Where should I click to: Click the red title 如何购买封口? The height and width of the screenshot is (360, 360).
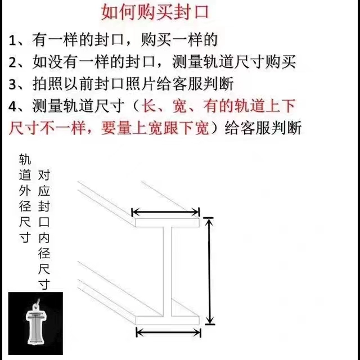point(155,12)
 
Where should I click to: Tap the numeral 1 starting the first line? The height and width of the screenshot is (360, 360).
point(12,40)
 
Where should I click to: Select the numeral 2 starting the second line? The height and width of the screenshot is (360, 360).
point(12,62)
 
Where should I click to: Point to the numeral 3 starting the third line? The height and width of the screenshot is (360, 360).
point(12,84)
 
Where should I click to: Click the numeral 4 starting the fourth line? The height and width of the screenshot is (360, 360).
point(13,106)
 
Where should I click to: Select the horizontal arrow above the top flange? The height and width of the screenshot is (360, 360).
point(165,212)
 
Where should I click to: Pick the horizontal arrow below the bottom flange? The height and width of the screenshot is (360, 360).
point(169,332)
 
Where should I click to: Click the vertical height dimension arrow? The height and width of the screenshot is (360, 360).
point(209,271)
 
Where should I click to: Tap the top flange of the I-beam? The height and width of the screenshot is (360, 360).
point(167,223)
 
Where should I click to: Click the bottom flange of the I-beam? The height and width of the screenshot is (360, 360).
point(168,320)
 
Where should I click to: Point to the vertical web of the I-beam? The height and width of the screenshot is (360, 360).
point(168,271)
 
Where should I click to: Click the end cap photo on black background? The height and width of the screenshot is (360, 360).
point(35,323)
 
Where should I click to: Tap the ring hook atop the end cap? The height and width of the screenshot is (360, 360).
point(36,304)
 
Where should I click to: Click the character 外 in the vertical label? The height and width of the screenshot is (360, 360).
point(25,190)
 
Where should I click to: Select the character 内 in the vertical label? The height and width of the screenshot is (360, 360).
point(44,237)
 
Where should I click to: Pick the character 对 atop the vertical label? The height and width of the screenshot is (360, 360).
point(44,175)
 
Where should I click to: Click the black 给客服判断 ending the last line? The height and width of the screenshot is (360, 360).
point(263,128)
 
